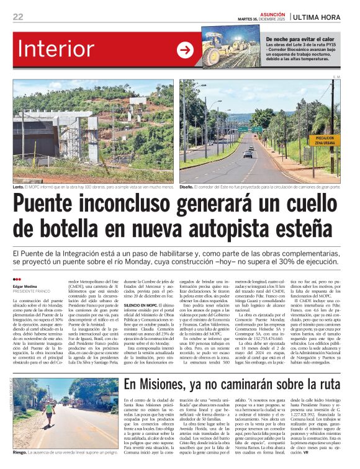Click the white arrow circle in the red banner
point(185,50)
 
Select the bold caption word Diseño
point(186,187)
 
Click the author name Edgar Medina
point(25,285)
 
